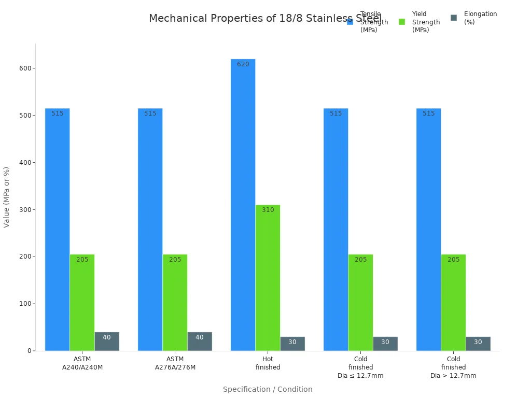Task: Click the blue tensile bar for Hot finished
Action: [243, 207]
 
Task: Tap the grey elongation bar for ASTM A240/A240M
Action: [107, 342]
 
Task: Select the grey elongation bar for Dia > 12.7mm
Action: [478, 344]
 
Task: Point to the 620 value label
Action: [243, 65]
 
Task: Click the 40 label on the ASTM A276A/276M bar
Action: [200, 337]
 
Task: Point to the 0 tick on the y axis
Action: [30, 351]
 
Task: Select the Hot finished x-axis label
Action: [268, 363]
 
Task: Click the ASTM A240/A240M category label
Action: [82, 363]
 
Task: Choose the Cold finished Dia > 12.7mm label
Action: [453, 367]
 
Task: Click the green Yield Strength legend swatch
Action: [402, 22]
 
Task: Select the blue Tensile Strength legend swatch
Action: [350, 22]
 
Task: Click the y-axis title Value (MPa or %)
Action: [7, 197]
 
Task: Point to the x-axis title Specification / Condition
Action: [268, 389]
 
